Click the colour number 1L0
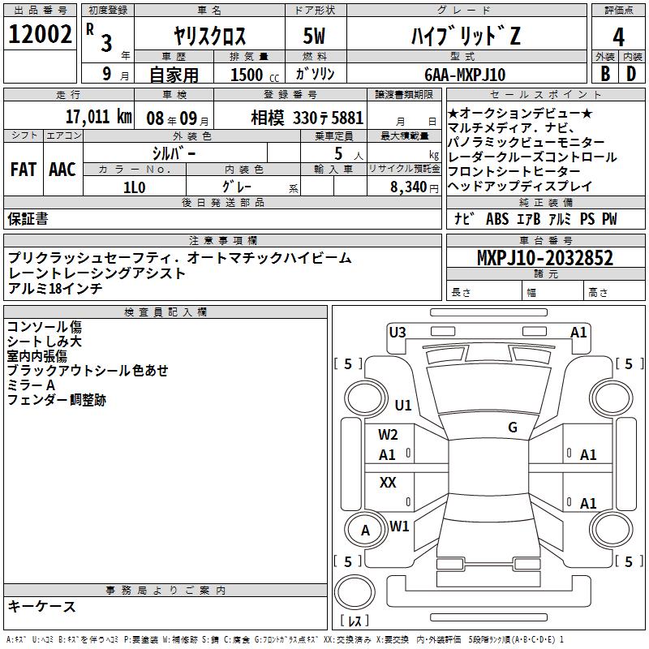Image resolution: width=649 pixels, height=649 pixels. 134,186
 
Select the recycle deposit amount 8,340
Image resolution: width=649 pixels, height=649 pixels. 408,186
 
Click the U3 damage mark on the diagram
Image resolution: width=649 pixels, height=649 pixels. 398,332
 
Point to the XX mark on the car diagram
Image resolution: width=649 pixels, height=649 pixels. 388,483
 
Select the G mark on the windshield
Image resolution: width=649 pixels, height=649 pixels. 512,428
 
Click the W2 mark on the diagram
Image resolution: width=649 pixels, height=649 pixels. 388,435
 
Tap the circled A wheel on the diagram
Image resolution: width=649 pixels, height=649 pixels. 366,531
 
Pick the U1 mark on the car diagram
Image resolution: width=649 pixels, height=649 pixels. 403,405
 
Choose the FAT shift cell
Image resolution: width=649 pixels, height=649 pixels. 24,169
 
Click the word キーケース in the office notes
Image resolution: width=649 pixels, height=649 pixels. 41,606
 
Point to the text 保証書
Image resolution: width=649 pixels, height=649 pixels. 28,218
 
